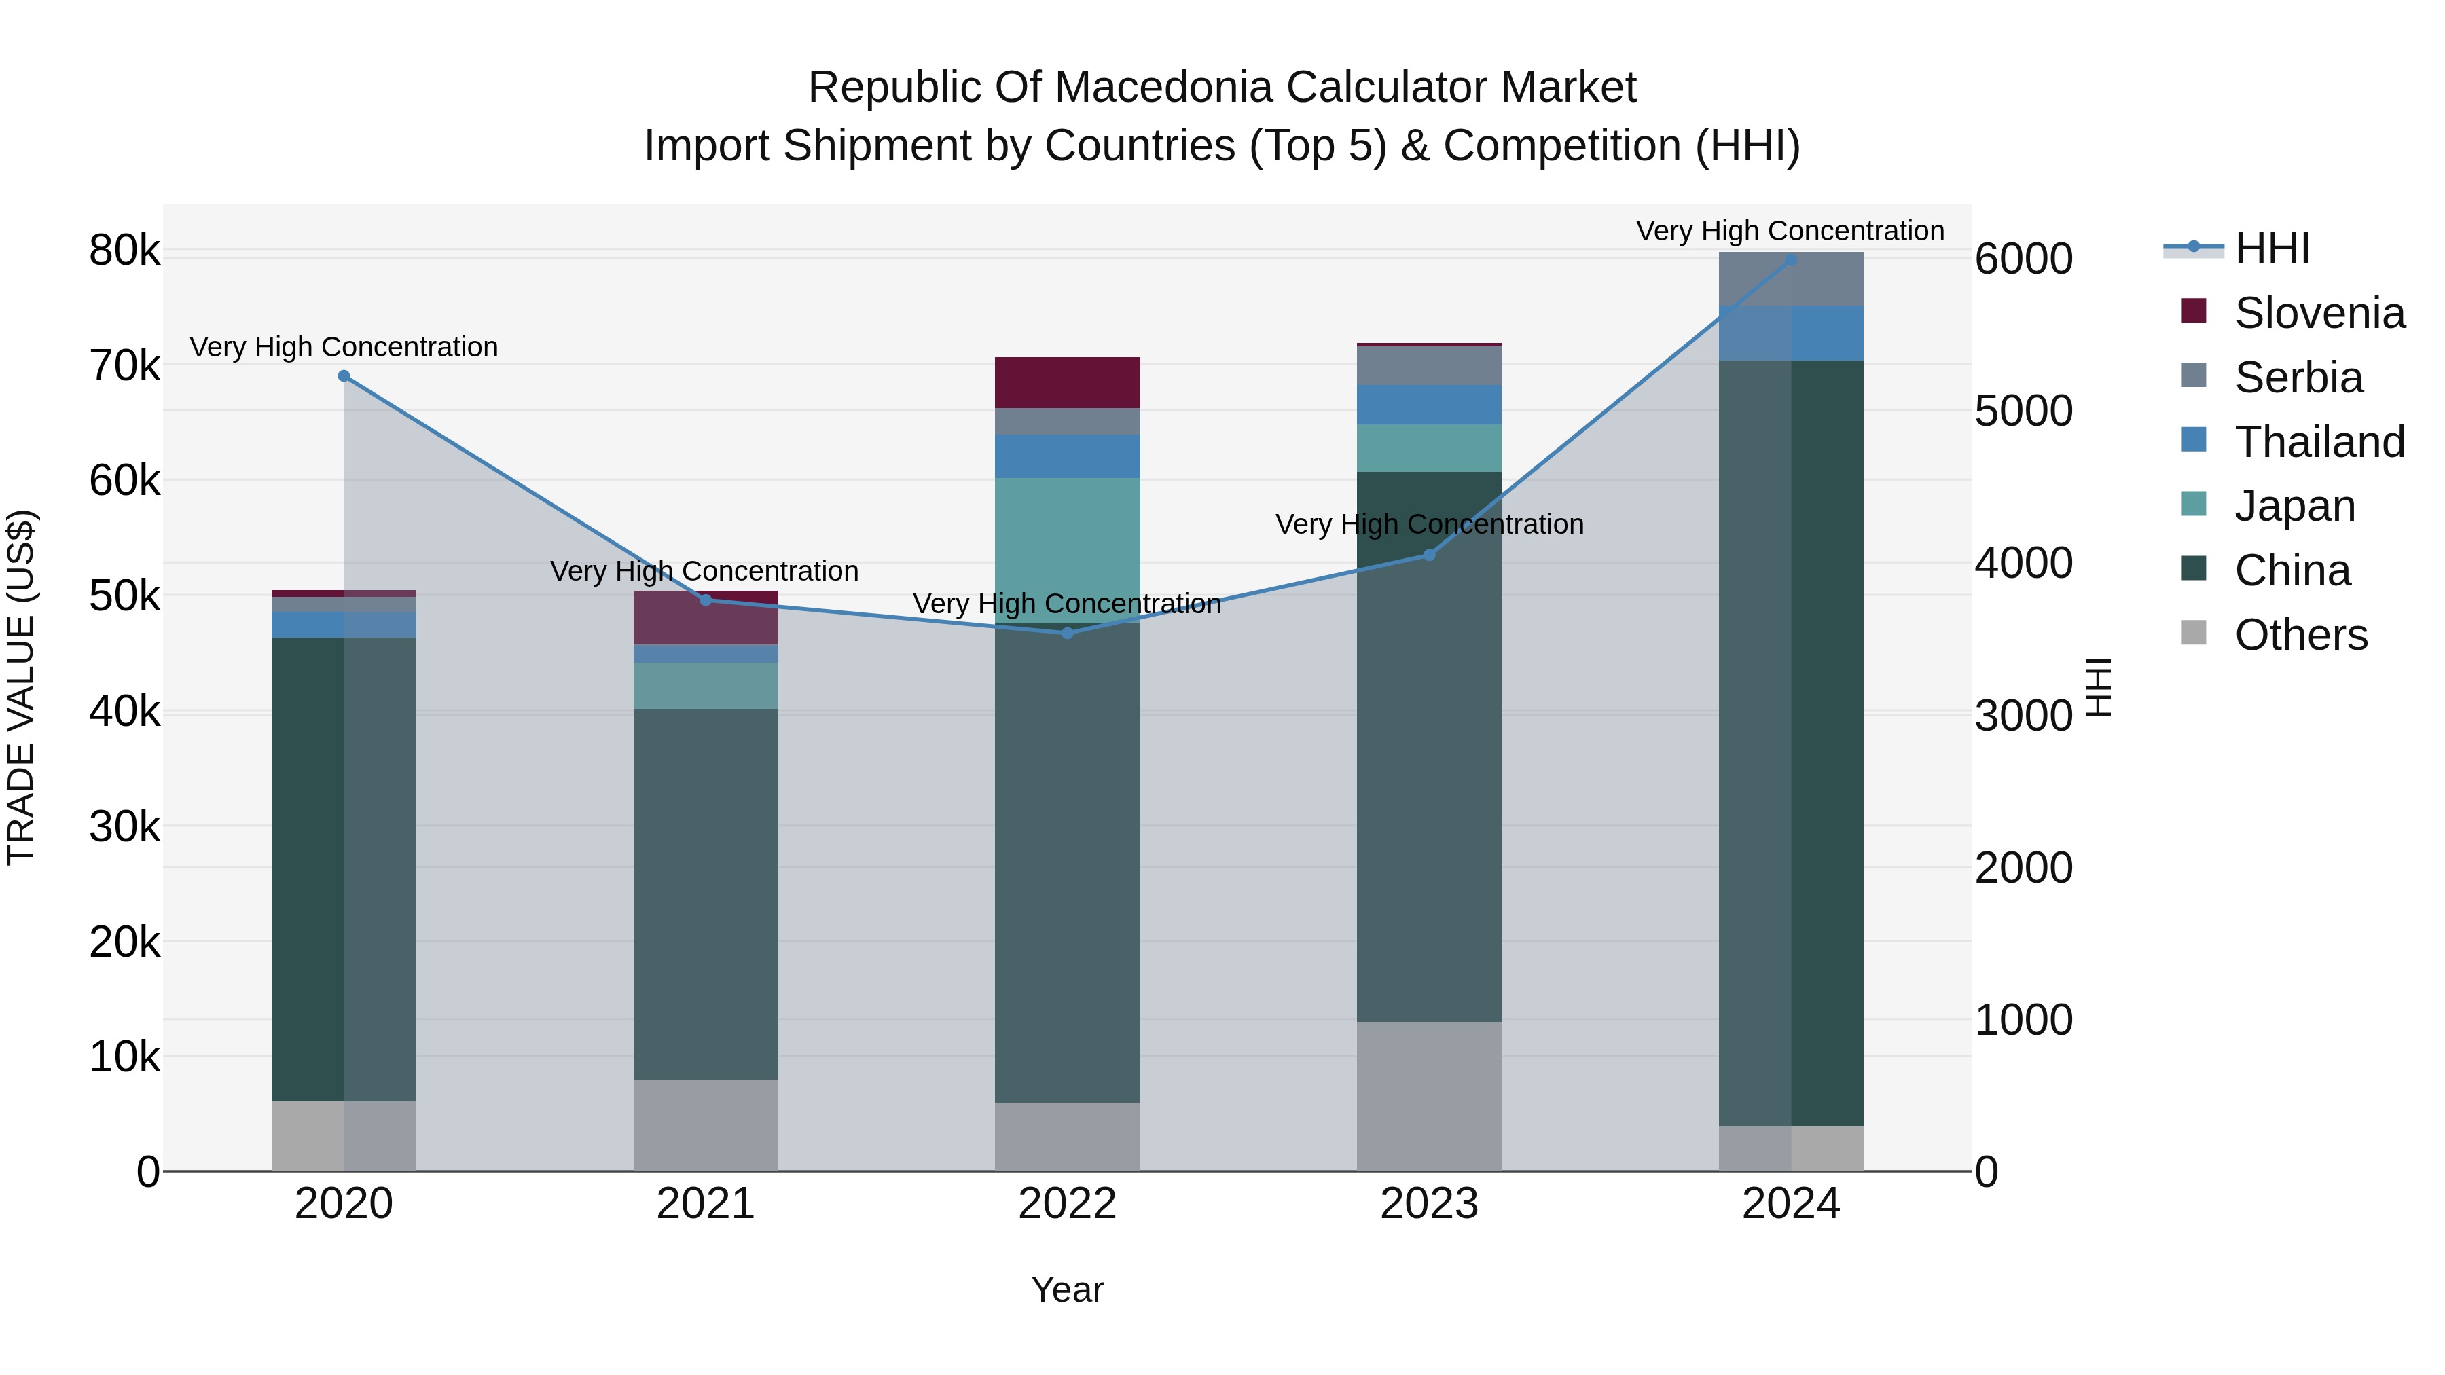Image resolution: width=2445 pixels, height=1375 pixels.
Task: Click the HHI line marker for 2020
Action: pos(344,375)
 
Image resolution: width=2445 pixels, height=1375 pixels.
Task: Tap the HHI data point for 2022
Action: pos(1067,633)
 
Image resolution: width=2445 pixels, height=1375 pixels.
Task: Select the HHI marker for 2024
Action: pos(1791,259)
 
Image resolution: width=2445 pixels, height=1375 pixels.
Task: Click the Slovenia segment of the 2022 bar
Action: pos(1067,382)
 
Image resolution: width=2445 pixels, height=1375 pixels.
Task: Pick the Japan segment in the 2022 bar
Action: pos(1067,551)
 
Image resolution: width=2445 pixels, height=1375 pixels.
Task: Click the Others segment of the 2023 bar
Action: pos(1428,1096)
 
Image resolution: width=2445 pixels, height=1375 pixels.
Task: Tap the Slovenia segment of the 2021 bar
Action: pos(705,619)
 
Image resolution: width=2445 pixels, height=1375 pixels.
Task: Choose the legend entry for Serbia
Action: pos(2297,378)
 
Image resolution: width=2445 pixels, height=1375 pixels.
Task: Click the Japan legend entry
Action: pos(2294,506)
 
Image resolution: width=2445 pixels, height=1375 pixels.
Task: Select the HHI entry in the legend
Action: pos(2270,249)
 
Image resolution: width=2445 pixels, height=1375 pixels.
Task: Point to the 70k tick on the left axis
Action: pos(124,365)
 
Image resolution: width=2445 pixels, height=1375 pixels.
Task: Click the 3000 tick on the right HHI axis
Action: pos(2023,716)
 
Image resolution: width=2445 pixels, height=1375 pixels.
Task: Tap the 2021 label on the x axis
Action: pos(705,1204)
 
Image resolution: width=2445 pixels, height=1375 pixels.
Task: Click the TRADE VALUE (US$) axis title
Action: pos(21,687)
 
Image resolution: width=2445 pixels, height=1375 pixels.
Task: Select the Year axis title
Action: pos(1067,1289)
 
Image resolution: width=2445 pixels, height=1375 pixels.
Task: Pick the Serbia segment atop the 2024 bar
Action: pos(1791,279)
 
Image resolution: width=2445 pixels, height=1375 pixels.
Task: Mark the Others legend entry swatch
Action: pos(2194,632)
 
